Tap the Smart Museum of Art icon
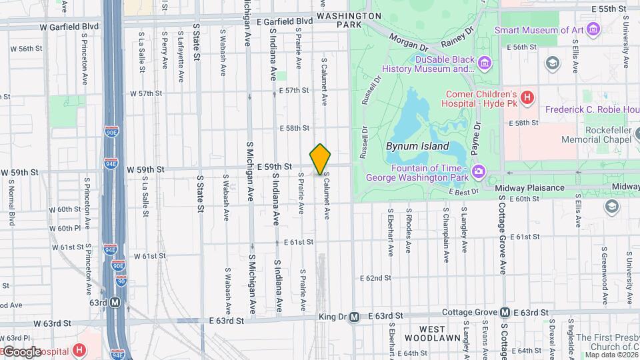pyautogui.click(x=593, y=29)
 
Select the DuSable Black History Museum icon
pyautogui.click(x=485, y=64)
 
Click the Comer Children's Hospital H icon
pyautogui.click(x=527, y=99)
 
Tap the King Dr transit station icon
pyautogui.click(x=354, y=317)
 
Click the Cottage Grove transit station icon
pyautogui.click(x=505, y=313)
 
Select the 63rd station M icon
pyautogui.click(x=115, y=303)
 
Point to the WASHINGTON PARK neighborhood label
pyautogui.click(x=349, y=19)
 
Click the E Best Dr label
pyautogui.click(x=464, y=192)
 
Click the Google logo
pyautogui.click(x=22, y=352)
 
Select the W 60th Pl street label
pyautogui.click(x=68, y=228)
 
